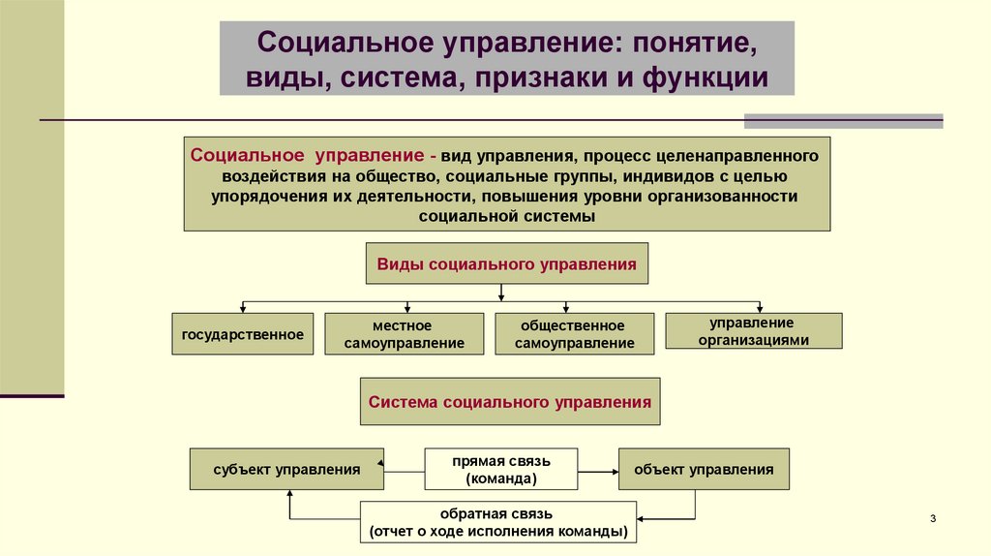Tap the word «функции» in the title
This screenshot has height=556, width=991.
click(706, 77)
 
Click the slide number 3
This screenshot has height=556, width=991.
click(933, 520)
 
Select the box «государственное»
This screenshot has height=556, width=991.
click(243, 334)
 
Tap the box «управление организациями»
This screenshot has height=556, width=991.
click(753, 331)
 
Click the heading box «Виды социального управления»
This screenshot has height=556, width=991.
click(506, 263)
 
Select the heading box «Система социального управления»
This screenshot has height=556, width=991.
click(510, 401)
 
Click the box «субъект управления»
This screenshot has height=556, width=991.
click(286, 469)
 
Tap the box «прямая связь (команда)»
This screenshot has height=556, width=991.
click(500, 470)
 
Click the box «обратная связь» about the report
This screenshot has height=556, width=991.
click(498, 522)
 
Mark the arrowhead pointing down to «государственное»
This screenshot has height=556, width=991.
click(243, 309)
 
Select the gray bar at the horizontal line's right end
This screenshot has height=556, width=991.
click(843, 120)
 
